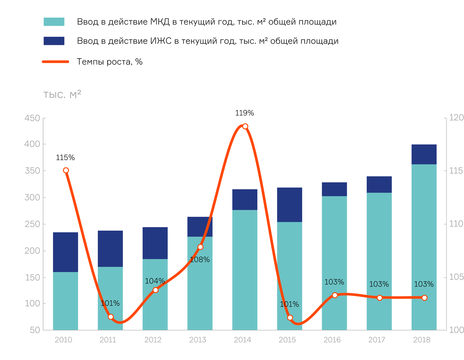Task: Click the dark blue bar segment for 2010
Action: [x=65, y=252]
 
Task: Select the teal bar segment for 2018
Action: [x=424, y=247]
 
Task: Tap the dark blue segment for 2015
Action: [x=289, y=205]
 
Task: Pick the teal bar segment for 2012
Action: [x=155, y=294]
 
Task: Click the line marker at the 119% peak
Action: [x=245, y=126]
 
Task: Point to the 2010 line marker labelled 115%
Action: [x=66, y=170]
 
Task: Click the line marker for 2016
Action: [x=335, y=295]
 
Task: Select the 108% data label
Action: [x=200, y=260]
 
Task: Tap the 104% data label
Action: [x=155, y=281]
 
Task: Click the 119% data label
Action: [x=244, y=113]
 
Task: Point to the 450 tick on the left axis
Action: [x=32, y=118]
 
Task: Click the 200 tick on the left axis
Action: [x=32, y=251]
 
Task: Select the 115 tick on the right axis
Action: [x=456, y=171]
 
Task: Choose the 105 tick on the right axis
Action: [x=456, y=277]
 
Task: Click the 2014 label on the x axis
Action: [x=242, y=340]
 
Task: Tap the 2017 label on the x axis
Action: [x=377, y=340]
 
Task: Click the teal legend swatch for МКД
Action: [x=54, y=22]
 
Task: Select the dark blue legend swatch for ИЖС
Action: [x=54, y=41]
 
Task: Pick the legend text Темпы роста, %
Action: [x=110, y=62]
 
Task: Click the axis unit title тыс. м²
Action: [x=62, y=94]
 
